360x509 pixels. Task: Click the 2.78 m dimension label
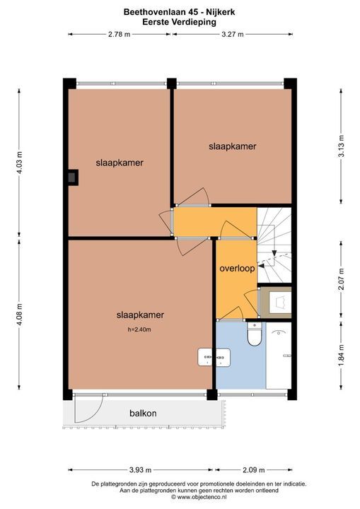[120, 34]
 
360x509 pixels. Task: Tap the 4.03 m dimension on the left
[20, 162]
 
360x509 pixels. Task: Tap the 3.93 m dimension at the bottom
[142, 469]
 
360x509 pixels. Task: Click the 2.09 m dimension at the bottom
[252, 469]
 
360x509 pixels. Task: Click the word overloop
[236, 269]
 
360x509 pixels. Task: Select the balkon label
[143, 413]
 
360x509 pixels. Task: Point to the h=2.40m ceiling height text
[139, 329]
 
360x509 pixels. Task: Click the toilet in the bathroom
[253, 335]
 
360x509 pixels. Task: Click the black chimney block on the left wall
[72, 178]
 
